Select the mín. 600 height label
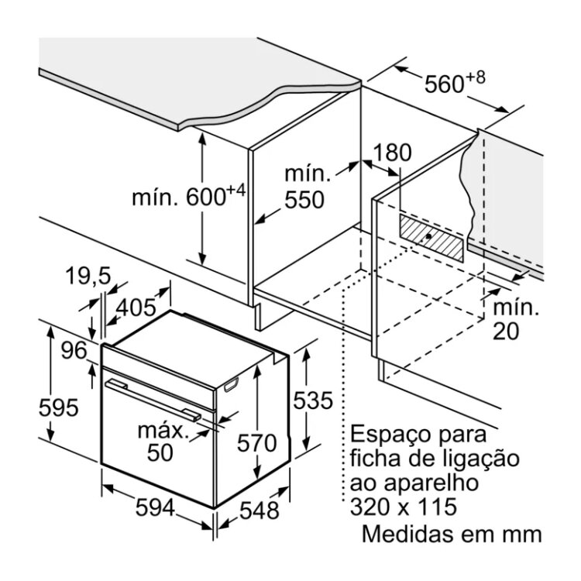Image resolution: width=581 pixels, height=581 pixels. (x=187, y=198)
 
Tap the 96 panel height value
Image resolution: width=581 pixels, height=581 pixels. (x=75, y=351)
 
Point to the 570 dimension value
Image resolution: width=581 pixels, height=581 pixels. (x=256, y=444)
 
